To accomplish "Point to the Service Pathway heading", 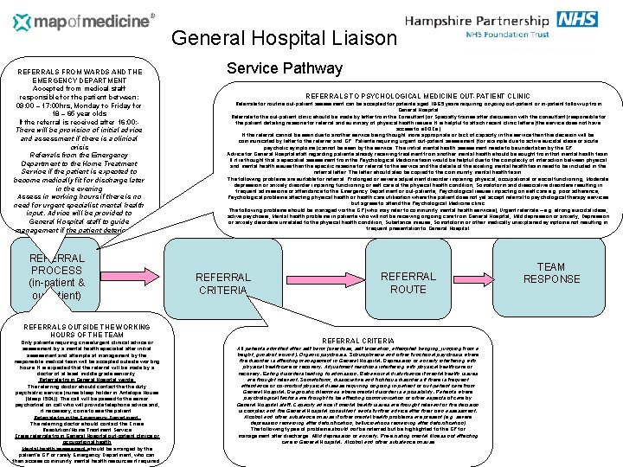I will [284, 68].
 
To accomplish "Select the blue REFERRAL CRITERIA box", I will [223, 283].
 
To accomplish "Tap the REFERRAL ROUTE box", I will [408, 283].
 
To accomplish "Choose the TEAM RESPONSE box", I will [550, 273].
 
